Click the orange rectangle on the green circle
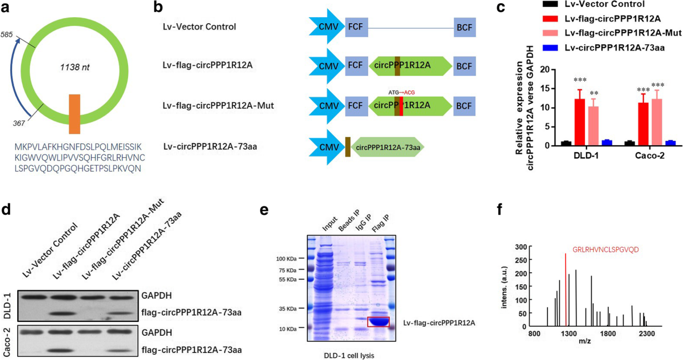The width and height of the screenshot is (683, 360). click(75, 114)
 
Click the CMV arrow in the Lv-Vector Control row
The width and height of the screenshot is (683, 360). click(326, 26)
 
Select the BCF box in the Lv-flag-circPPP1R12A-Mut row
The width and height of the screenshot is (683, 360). click(464, 105)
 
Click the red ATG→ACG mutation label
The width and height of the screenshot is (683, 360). click(401, 92)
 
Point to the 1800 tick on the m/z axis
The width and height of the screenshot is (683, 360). click(608, 334)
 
